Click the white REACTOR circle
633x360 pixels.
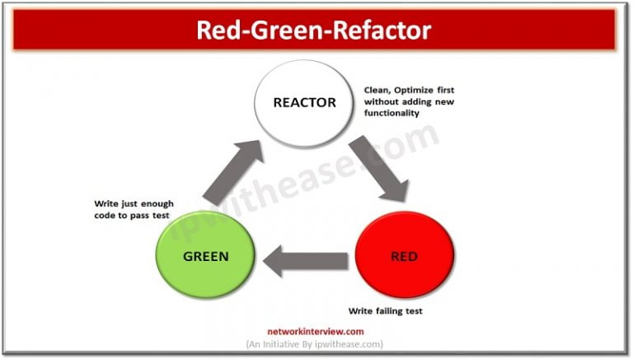click(x=306, y=103)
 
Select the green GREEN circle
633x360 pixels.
click(x=206, y=256)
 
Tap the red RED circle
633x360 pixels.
click(x=404, y=256)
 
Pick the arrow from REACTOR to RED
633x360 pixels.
click(x=378, y=169)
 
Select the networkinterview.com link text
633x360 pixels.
click(x=315, y=330)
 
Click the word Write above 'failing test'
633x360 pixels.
click(x=360, y=311)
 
